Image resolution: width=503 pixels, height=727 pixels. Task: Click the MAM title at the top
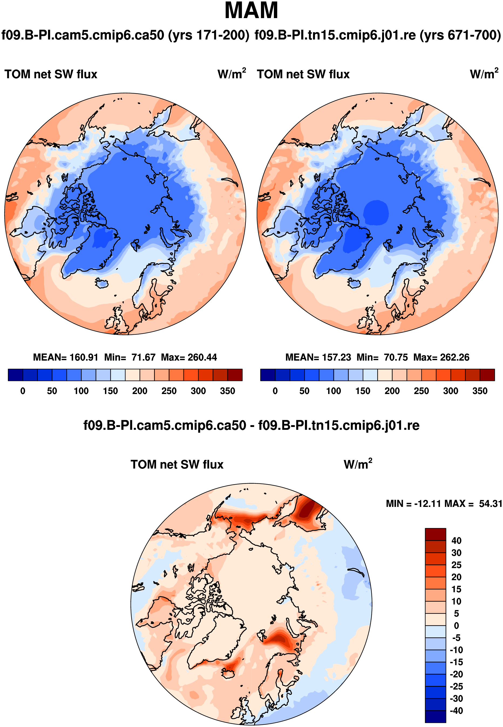251,11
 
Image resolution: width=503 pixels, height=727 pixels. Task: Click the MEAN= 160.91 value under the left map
66,357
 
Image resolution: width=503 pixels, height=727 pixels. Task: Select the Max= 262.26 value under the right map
441,357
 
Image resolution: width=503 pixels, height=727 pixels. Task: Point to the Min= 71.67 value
130,357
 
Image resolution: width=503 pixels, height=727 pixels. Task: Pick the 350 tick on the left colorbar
227,391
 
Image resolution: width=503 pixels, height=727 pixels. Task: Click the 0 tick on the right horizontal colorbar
275,391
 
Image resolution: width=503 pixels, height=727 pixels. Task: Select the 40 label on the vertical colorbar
456,541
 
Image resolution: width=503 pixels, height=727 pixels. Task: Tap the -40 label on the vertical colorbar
456,711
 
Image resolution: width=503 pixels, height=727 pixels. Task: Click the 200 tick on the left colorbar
140,391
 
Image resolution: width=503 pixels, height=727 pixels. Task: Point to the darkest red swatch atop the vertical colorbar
435,534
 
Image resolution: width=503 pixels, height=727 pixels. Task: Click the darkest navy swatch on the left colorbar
15,375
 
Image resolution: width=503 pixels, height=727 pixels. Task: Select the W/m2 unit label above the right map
484,74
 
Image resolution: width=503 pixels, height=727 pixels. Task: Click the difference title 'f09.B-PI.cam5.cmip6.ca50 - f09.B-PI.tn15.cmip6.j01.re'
251,425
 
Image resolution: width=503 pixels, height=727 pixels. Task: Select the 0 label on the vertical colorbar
456,626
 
